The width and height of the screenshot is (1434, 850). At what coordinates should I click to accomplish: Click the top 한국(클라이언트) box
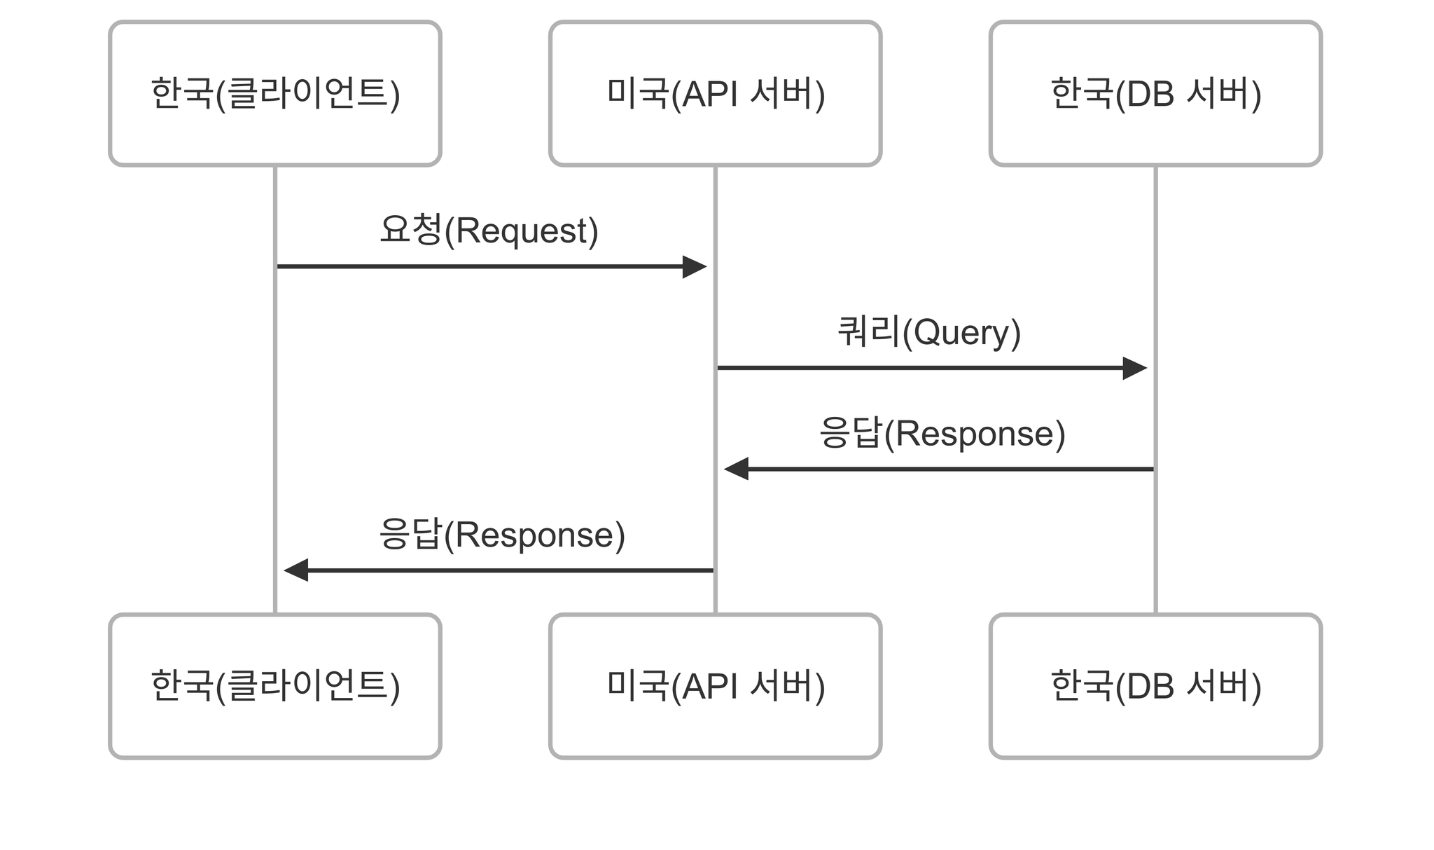[x=275, y=93]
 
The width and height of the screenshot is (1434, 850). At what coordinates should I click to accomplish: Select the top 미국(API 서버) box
[x=715, y=93]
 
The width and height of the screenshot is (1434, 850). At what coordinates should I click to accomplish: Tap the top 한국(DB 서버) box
[x=1155, y=93]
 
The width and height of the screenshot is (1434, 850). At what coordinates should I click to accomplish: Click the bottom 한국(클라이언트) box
[x=275, y=686]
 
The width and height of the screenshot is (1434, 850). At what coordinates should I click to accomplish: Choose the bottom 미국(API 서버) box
[x=715, y=686]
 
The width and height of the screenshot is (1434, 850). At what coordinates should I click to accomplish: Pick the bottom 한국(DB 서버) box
[x=1155, y=686]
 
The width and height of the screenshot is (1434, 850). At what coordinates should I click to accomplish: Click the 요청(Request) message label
[x=489, y=231]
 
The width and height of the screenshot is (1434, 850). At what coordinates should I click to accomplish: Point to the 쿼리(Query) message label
[x=929, y=332]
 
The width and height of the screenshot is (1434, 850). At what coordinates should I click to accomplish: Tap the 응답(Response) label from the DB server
[x=942, y=433]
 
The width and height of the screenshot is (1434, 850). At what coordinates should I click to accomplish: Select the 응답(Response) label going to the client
[x=501, y=535]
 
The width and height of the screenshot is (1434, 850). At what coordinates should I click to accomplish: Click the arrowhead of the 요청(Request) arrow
[x=695, y=266]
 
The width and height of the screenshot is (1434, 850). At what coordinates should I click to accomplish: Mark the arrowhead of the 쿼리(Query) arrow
[x=1135, y=368]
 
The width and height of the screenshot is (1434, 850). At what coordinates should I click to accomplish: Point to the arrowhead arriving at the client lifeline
[x=296, y=570]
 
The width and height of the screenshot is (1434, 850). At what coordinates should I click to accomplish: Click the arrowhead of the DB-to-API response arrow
[x=736, y=469]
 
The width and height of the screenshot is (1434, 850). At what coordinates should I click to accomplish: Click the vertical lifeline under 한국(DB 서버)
[x=1155, y=390]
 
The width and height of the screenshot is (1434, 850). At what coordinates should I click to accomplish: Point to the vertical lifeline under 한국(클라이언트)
[x=275, y=390]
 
